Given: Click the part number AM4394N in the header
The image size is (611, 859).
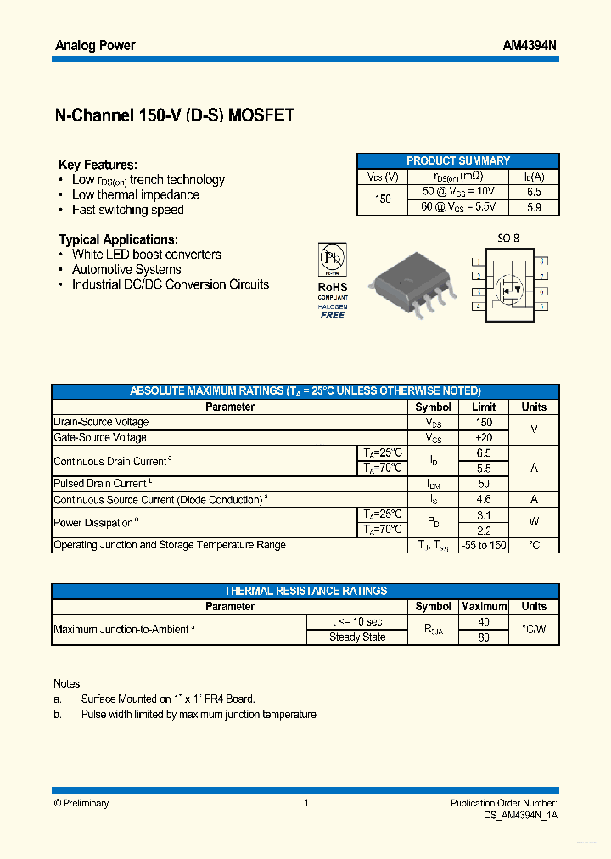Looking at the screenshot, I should [530, 45].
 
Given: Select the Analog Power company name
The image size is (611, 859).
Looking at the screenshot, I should [95, 45].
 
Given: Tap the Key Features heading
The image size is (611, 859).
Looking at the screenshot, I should [98, 165].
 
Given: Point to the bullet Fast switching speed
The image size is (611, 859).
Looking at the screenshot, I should [127, 210].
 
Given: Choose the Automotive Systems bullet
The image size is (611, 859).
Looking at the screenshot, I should [126, 269].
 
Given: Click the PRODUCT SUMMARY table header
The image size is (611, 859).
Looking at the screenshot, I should [458, 160].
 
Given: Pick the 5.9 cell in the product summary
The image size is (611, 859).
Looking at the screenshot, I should [534, 206].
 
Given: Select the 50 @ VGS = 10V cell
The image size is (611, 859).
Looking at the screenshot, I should [458, 192].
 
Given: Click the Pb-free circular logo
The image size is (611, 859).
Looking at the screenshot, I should [332, 258].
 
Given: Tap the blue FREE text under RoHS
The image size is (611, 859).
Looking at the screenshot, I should [333, 315].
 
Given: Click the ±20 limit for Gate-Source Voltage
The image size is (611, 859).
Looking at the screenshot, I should [484, 437].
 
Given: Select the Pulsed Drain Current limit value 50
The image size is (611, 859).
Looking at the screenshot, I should [484, 483].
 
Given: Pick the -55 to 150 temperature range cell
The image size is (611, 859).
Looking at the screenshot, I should [484, 545].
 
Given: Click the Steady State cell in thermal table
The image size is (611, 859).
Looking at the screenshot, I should [357, 637].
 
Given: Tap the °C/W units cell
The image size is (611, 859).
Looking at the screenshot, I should [534, 630].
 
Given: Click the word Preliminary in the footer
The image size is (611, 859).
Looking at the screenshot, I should [87, 803].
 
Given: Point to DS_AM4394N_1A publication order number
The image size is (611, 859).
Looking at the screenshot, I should [515, 815].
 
